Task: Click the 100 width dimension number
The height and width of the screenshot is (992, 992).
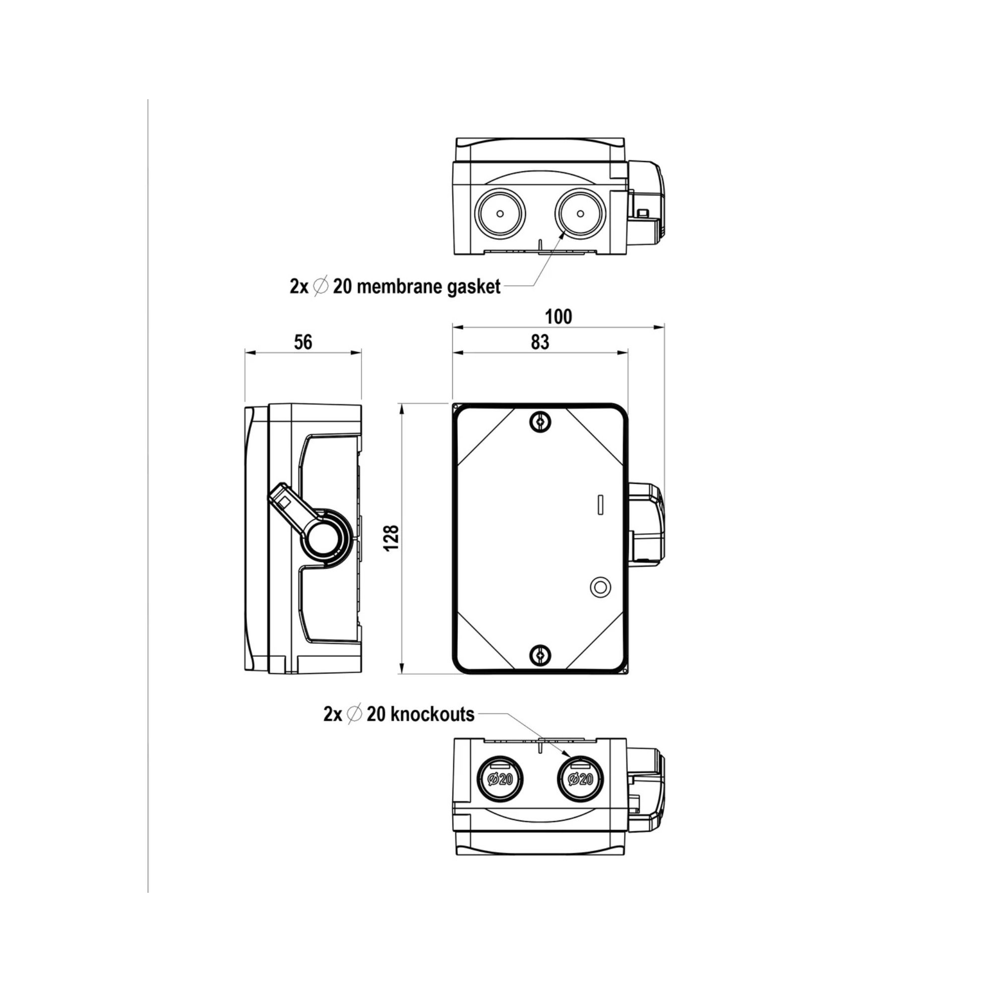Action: (x=558, y=317)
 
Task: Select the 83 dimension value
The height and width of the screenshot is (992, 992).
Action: (x=540, y=342)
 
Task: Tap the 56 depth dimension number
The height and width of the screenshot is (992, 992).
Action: (x=303, y=342)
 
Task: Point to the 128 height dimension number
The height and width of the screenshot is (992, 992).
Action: (x=392, y=538)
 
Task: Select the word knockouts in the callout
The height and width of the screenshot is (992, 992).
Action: (x=433, y=714)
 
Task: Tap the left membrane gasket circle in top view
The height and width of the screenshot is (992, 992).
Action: (x=499, y=213)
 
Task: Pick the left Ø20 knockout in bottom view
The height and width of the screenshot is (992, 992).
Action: (x=499, y=779)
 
